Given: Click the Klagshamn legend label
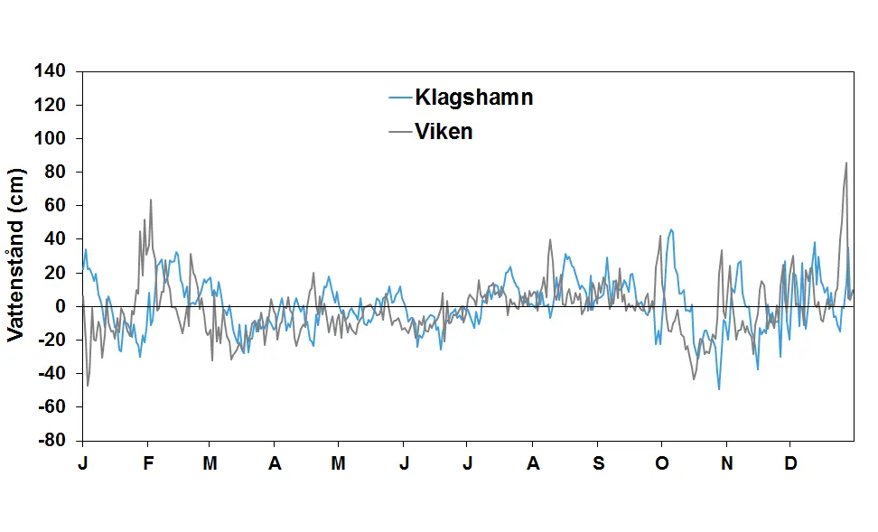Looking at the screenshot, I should (x=473, y=98).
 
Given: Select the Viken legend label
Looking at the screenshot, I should (x=444, y=132).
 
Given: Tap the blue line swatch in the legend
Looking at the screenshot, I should (x=399, y=98).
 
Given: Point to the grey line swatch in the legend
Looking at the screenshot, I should (x=399, y=132).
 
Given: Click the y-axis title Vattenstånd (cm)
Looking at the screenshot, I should (x=15, y=256).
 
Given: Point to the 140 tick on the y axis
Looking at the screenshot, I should (x=52, y=71).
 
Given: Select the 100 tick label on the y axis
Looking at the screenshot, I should (x=52, y=139).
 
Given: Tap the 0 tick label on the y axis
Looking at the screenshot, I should (x=64, y=307).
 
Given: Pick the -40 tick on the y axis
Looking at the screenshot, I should (x=54, y=374).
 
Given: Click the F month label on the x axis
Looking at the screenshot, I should (x=148, y=463).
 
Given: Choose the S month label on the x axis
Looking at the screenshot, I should (x=597, y=463).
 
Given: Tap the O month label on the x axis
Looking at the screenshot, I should (x=662, y=463).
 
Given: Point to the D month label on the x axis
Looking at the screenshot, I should (x=790, y=463).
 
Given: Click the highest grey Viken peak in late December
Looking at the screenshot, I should (x=846, y=163).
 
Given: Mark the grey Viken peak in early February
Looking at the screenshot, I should (x=151, y=201).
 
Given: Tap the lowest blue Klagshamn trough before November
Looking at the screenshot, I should (x=719, y=389).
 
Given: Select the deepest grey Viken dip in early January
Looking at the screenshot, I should (x=88, y=386).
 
